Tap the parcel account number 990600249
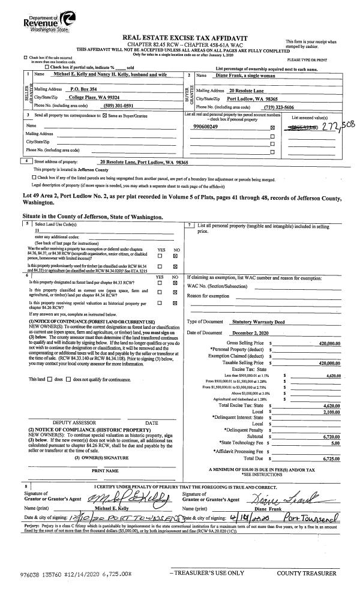(206, 127)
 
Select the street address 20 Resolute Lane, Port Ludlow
(144, 162)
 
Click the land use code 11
(37, 230)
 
